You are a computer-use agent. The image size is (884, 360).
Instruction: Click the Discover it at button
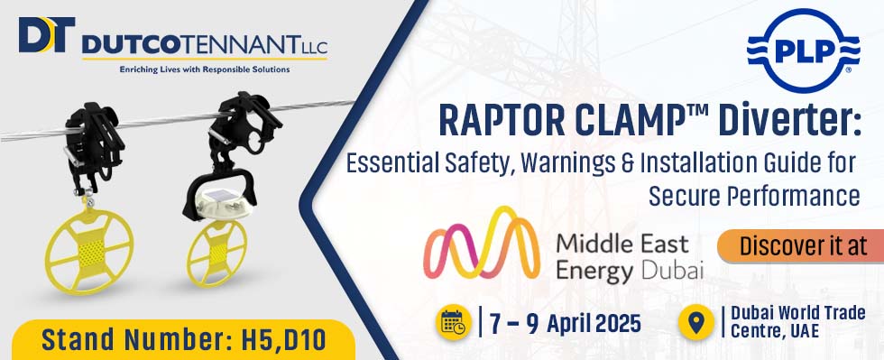point(801,245)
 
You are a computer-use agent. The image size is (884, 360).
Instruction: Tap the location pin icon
point(696,322)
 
